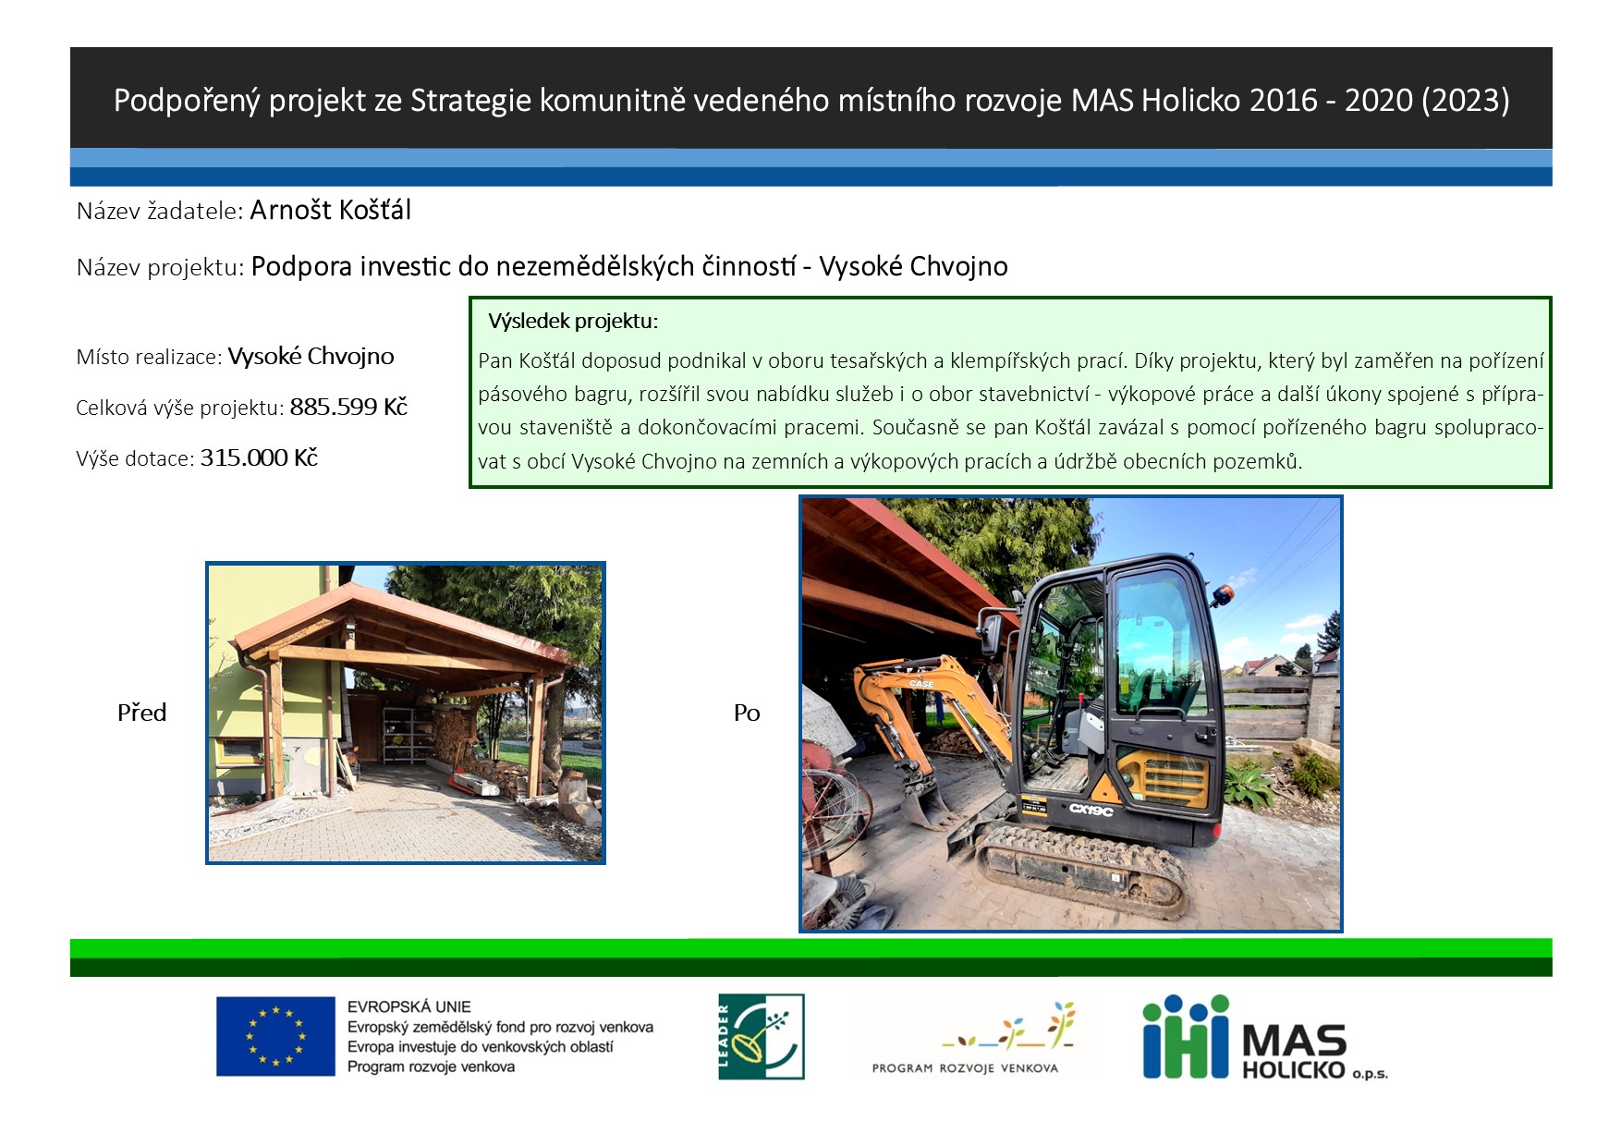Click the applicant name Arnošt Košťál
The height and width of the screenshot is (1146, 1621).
point(330,210)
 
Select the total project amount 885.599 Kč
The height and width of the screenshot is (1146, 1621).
point(348,407)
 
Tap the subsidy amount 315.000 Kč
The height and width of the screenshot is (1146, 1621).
point(259,457)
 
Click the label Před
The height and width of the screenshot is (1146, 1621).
point(141,713)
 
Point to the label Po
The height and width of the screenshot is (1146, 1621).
point(747,713)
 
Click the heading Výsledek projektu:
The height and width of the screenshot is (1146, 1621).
point(573,322)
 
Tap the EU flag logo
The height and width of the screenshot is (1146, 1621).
point(275,1036)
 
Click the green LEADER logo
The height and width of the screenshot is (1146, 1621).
point(762,1037)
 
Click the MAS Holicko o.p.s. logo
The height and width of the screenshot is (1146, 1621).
point(1264,1037)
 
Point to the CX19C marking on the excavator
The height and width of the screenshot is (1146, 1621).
point(1091,810)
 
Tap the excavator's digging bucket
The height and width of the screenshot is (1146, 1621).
point(928,806)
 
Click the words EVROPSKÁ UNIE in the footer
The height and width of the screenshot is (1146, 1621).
point(408,1007)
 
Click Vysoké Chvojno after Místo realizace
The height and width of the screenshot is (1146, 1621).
point(311,357)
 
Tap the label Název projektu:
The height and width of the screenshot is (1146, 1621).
point(160,268)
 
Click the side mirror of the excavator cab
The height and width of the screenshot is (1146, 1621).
point(992,635)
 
